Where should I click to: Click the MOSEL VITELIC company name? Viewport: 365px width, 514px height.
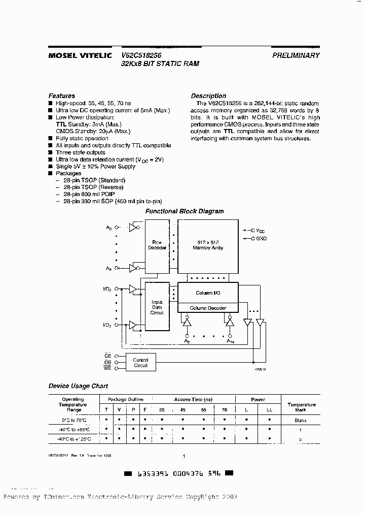tap(80, 55)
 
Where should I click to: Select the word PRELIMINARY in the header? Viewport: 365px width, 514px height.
tap(296, 55)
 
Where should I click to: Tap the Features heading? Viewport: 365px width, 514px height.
tap(62, 95)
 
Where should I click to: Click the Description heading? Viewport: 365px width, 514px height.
tap(208, 95)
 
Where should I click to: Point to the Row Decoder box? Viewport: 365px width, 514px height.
tap(157, 245)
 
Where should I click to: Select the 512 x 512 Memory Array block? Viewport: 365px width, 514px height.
tap(208, 245)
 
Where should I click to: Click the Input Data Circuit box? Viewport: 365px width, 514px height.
tap(157, 307)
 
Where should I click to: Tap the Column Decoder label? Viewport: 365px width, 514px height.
tap(207, 308)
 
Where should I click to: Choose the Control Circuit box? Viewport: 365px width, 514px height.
tap(140, 363)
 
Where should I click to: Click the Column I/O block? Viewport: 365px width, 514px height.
tap(208, 294)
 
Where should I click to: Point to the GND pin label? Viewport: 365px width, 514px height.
tap(261, 239)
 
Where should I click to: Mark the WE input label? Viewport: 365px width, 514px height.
tap(107, 368)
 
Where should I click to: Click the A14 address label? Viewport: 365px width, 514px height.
tap(230, 342)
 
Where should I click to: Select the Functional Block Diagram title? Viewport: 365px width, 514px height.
tap(185, 211)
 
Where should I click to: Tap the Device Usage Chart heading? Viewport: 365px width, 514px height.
tap(78, 386)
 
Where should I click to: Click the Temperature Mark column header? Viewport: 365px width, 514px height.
tap(301, 407)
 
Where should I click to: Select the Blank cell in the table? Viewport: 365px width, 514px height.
tap(301, 420)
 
